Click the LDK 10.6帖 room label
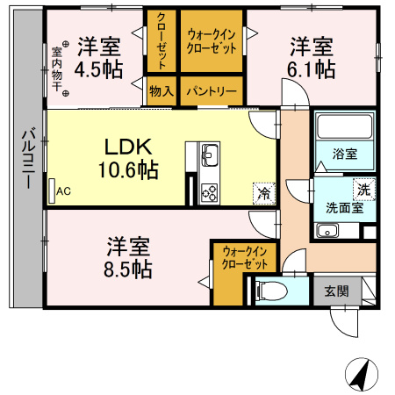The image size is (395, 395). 130,158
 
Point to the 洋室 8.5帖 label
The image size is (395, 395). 129,256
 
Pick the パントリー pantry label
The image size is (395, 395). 211,90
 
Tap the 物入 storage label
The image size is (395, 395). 162,90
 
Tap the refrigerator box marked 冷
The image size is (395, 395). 262,189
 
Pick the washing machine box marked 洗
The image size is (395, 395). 363,188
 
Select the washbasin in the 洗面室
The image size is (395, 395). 327,232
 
